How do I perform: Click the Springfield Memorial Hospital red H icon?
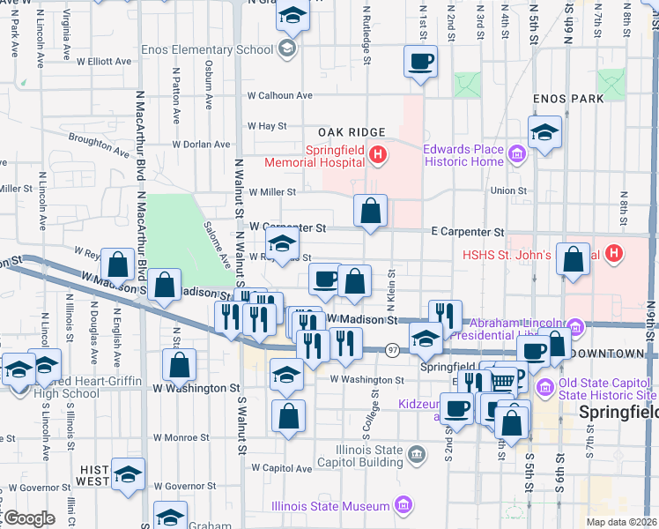pos(377,156)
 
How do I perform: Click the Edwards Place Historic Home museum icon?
pos(516,156)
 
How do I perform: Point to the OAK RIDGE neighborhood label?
pos(352,132)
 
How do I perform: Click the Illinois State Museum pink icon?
pos(403,506)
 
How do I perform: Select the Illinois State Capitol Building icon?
pos(417,454)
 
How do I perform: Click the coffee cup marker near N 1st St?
pos(420,63)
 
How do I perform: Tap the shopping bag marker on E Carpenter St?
pos(371,212)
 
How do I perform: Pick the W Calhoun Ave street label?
pos(280,95)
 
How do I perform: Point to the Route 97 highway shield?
pos(392,351)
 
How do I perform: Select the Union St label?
pos(508,190)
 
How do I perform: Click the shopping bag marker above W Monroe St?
pos(288,416)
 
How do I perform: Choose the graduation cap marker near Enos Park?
pos(545,134)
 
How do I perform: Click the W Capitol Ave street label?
pos(281,468)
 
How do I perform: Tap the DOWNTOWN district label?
pos(608,353)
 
